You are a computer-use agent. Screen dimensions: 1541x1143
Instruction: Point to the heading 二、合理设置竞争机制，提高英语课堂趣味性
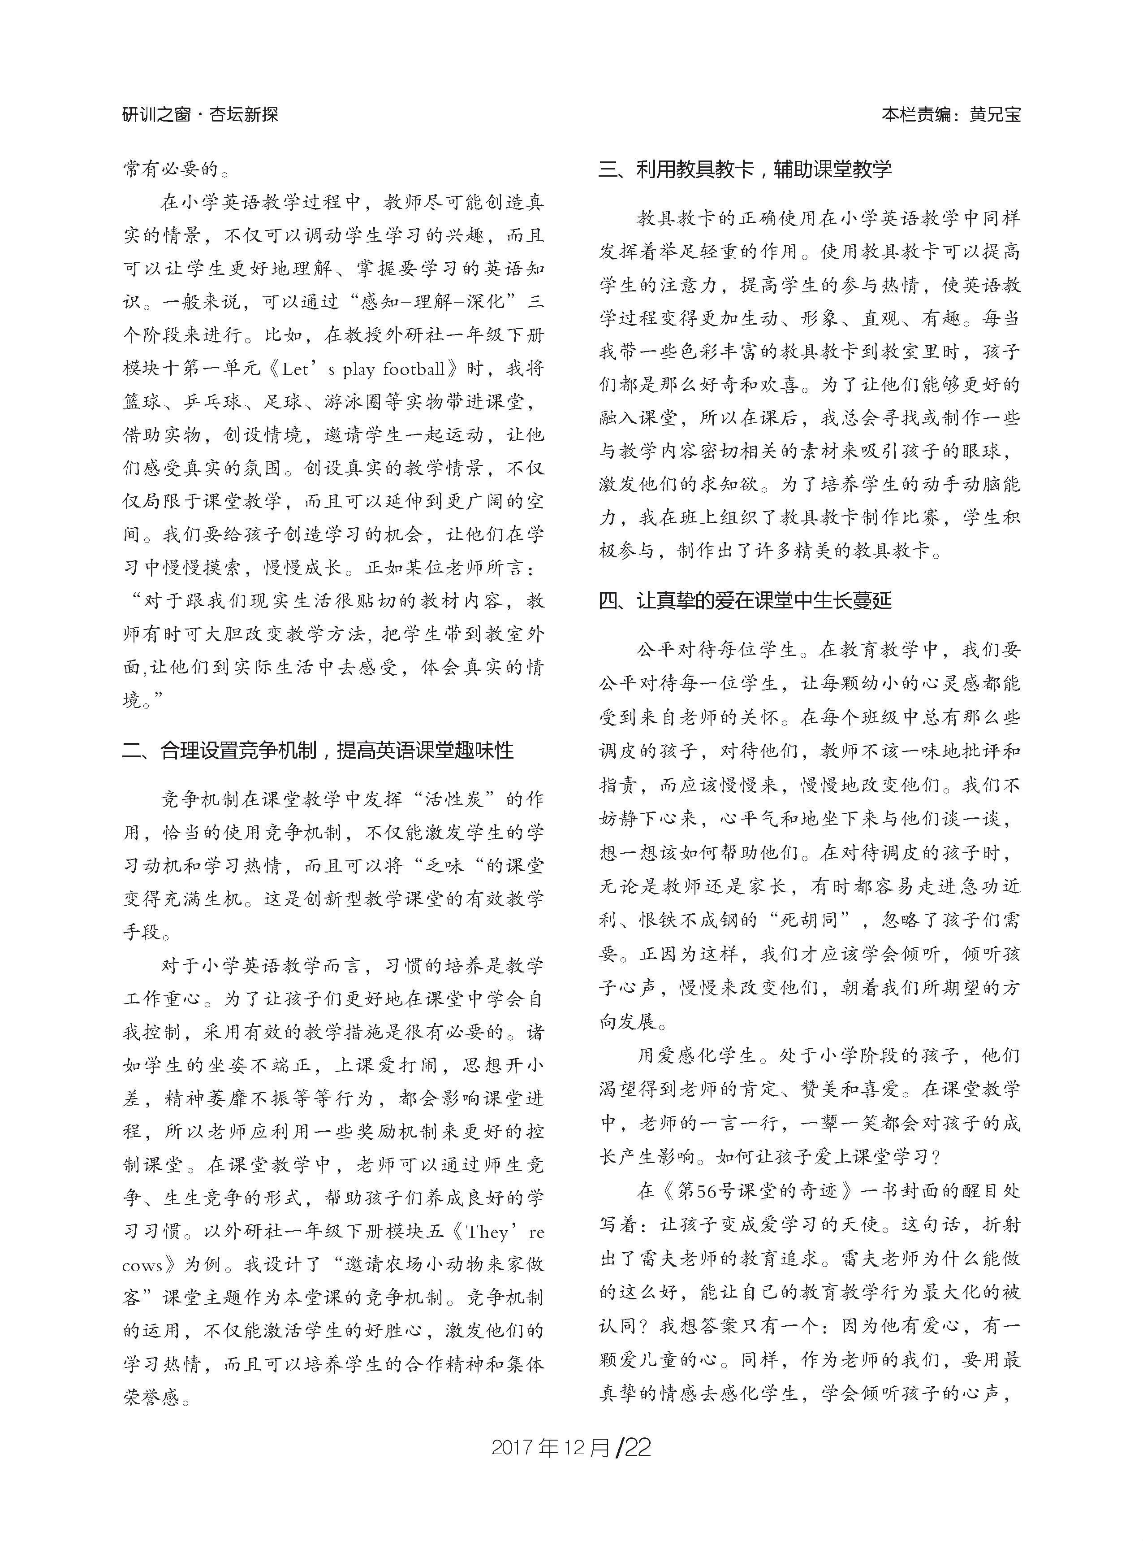point(318,751)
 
